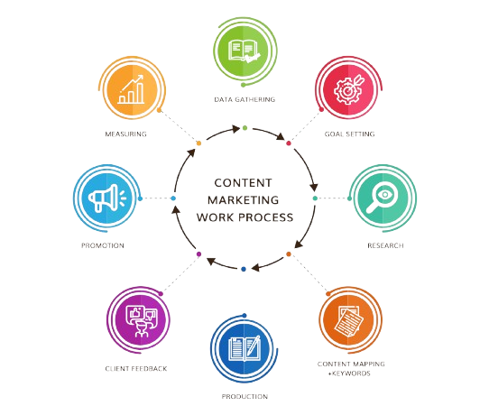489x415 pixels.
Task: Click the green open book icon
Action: (244, 51)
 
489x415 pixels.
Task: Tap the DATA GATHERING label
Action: (244, 99)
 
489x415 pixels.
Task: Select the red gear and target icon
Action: (349, 88)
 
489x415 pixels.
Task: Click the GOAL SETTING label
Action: (349, 134)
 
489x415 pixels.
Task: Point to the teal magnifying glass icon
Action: (382, 198)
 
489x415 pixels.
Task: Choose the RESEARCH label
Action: (385, 245)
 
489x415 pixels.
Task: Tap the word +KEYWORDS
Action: (349, 373)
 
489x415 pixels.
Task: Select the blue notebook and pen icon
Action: (244, 348)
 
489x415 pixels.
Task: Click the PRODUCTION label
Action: (244, 397)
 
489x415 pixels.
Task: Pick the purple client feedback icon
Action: (142, 321)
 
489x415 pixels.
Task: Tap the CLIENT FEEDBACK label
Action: (136, 369)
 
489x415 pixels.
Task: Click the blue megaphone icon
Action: (107, 198)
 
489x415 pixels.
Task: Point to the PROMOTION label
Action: (103, 245)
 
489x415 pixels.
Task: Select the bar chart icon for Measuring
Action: (132, 89)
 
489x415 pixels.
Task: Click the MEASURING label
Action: (125, 134)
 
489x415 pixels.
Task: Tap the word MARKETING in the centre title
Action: (244, 200)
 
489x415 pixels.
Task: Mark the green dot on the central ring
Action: (244, 128)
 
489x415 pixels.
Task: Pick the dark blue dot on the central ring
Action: (244, 269)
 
